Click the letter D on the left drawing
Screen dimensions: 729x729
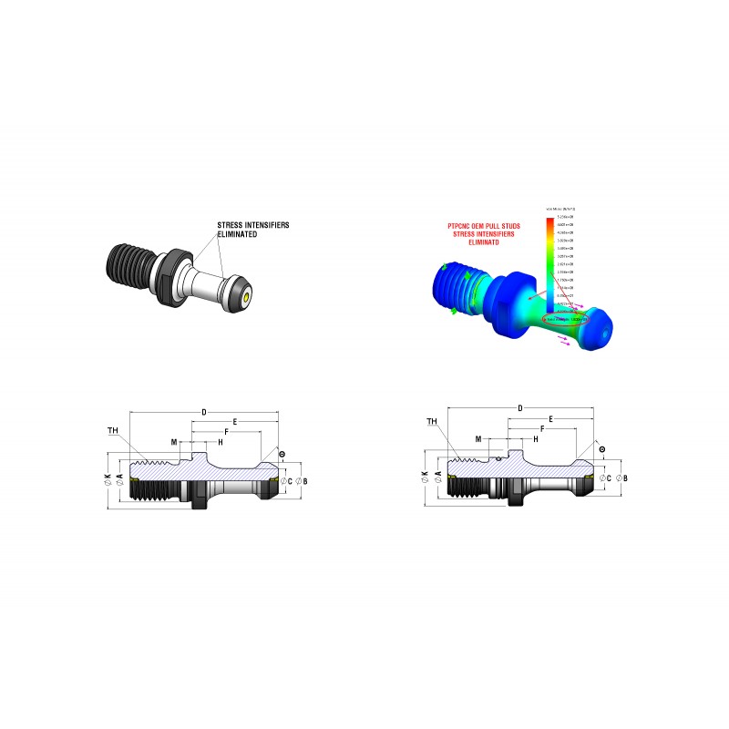[x=204, y=413]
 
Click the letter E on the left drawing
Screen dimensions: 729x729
[x=235, y=423]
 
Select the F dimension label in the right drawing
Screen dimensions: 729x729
[x=542, y=428]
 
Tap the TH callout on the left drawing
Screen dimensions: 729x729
[x=112, y=430]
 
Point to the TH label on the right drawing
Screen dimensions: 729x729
[x=431, y=422]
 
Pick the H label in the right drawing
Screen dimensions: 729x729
[x=535, y=438]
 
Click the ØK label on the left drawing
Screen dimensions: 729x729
[x=108, y=480]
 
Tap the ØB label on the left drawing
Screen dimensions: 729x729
[x=303, y=480]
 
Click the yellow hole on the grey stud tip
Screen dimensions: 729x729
[x=247, y=296]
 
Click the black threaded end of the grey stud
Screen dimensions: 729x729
[x=128, y=263]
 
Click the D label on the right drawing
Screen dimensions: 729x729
[x=519, y=407]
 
